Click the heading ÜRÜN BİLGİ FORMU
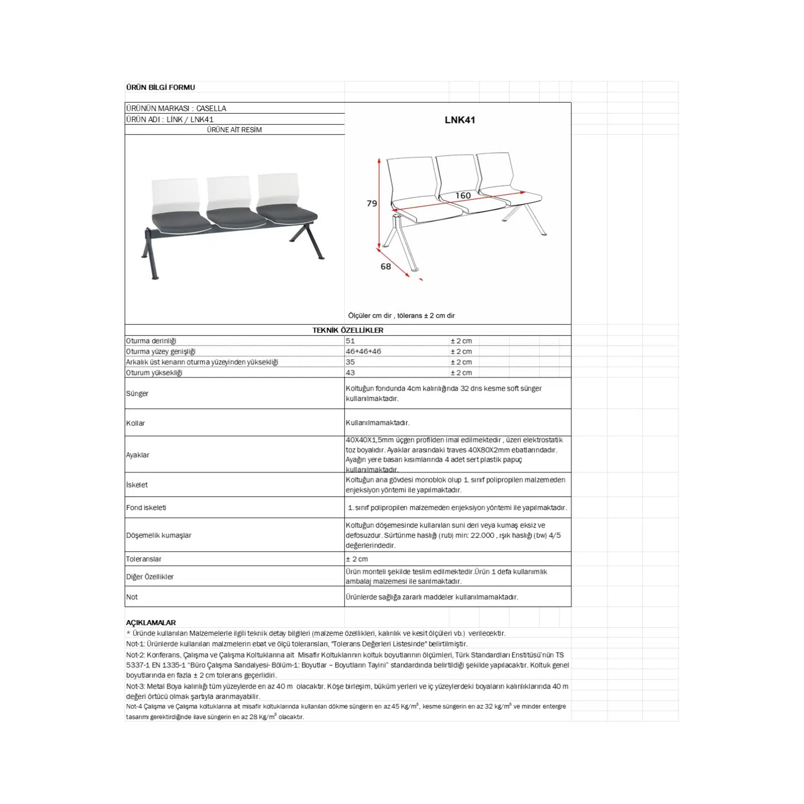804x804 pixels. click(x=160, y=87)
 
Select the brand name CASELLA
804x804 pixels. click(x=211, y=109)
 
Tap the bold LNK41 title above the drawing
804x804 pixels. click(x=459, y=120)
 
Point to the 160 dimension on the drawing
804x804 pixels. click(x=463, y=196)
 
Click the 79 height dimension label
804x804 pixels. click(x=372, y=204)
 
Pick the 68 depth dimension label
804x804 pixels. click(x=385, y=267)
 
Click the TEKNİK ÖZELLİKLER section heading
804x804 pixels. click(x=348, y=330)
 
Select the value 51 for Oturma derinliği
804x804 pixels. click(x=350, y=341)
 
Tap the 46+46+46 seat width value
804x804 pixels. click(x=363, y=351)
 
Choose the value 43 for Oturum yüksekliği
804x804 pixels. click(x=350, y=373)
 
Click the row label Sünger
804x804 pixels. click(x=137, y=393)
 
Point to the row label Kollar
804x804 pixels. click(x=135, y=423)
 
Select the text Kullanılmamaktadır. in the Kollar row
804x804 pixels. click(x=377, y=423)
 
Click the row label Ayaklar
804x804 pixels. click(x=138, y=455)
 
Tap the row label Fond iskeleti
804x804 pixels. click(x=146, y=508)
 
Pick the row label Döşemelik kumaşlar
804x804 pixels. click(x=159, y=535)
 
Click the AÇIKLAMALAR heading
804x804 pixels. click(x=151, y=623)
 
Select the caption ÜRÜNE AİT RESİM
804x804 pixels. click(x=234, y=130)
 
